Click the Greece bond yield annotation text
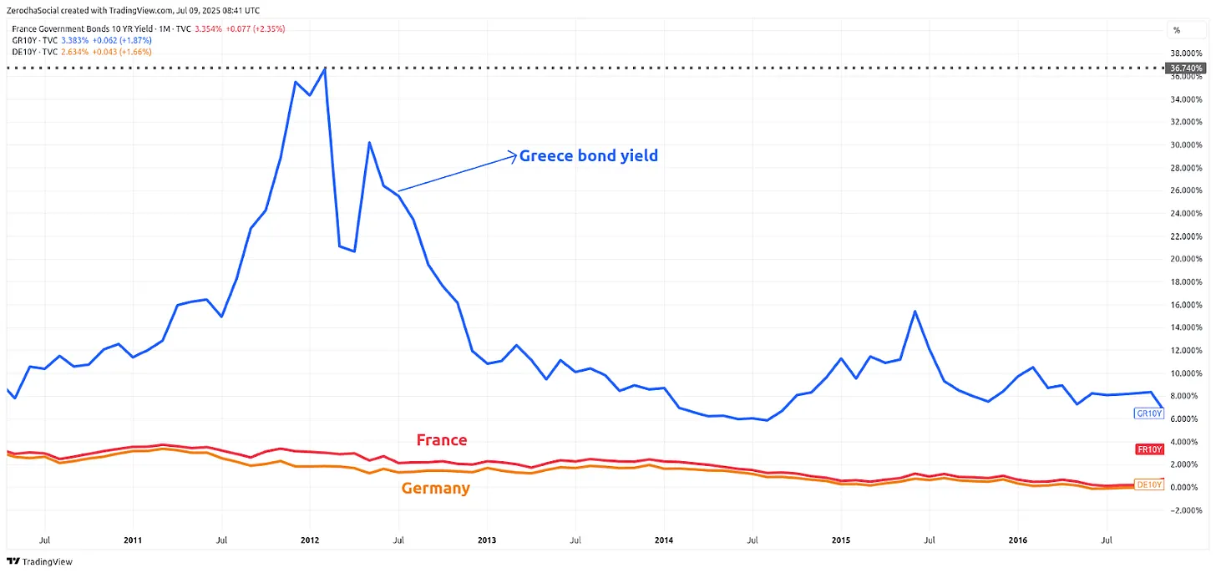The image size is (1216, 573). point(589,155)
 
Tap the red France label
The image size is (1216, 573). point(442,440)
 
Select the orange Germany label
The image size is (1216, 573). point(435,488)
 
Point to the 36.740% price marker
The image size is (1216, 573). point(1187,68)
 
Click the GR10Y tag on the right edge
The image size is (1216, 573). point(1148,413)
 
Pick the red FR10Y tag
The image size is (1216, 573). point(1149,449)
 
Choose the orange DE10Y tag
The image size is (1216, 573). point(1149,484)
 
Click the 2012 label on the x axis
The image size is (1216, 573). point(310,540)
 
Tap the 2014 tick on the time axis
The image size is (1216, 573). point(664,540)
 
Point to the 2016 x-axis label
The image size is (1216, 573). point(1017,540)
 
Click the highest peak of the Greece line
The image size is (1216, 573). point(325,68)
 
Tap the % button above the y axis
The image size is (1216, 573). point(1177,30)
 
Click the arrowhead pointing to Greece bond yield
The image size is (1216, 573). point(514,155)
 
